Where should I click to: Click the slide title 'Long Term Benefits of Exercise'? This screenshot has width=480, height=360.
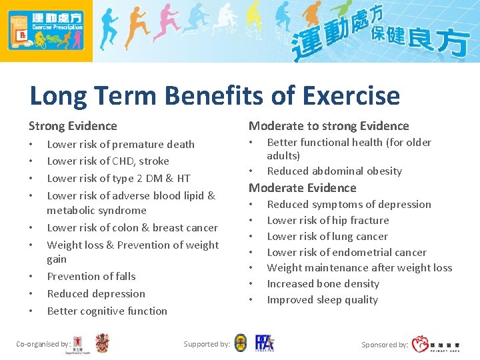[x=215, y=96]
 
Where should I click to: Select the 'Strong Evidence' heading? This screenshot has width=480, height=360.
[x=73, y=126]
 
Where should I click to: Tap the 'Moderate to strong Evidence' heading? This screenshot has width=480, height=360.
[x=329, y=126]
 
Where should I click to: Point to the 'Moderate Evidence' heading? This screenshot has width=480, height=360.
[x=303, y=188]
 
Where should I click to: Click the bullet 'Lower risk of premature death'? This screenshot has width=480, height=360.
[x=121, y=144]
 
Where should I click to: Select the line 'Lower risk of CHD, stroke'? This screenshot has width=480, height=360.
[x=108, y=161]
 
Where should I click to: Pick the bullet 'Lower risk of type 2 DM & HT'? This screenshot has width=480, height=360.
[x=119, y=178]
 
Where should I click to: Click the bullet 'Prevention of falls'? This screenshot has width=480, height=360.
[x=91, y=276]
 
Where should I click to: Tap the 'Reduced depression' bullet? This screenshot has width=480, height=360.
[x=96, y=293]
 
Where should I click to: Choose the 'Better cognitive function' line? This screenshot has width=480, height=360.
[x=107, y=311]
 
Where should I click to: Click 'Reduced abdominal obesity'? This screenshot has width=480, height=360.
[x=335, y=171]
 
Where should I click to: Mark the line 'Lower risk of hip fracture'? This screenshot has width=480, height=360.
[x=328, y=220]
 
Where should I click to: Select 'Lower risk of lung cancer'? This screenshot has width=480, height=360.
[x=327, y=236]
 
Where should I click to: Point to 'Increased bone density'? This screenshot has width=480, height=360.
[x=323, y=283]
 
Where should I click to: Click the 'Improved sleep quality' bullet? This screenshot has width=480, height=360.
[x=323, y=299]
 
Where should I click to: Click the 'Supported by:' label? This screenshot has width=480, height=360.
[x=207, y=344]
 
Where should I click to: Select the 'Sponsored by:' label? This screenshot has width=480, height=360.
[x=385, y=345]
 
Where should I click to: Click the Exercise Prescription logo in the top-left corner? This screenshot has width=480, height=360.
[x=46, y=31]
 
